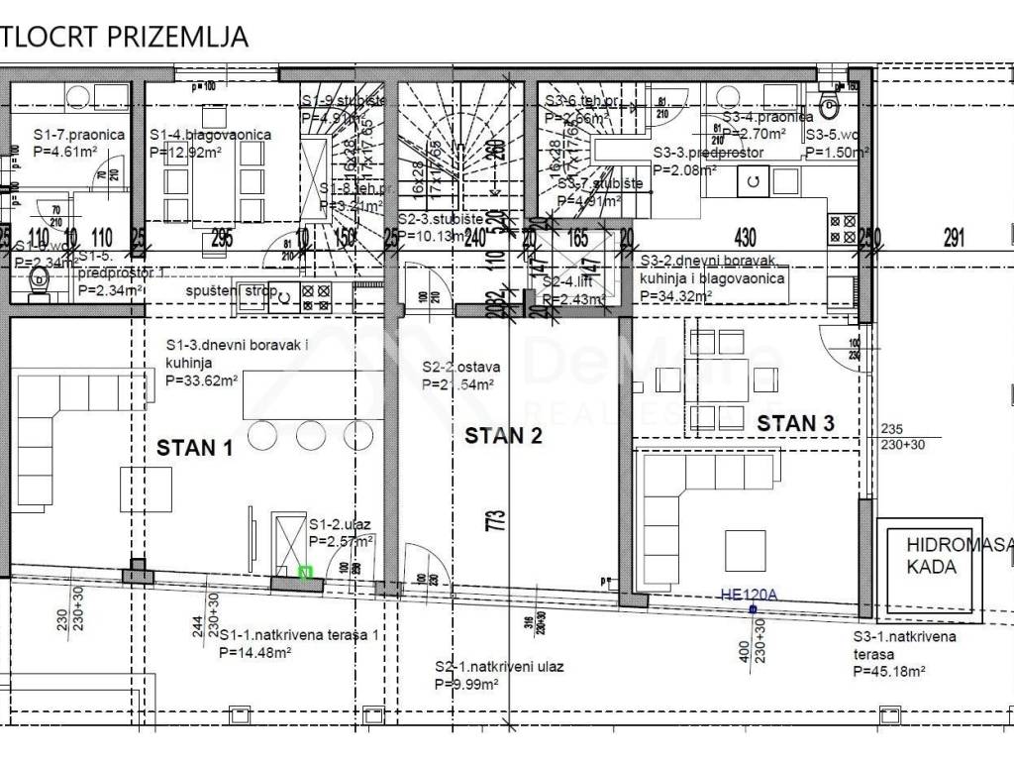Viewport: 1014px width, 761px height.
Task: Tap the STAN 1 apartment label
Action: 194,448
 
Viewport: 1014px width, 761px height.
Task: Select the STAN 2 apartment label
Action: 504,435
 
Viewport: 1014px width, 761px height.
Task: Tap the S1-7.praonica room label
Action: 78,135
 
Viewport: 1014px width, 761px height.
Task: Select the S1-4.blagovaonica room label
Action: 210,135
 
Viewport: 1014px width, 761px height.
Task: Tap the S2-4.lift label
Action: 566,282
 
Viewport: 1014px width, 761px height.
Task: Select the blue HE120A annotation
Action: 751,596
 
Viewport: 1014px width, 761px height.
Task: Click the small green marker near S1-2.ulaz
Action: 304,572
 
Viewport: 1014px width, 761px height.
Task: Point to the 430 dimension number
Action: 745,238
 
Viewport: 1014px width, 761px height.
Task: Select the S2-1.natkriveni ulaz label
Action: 499,667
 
